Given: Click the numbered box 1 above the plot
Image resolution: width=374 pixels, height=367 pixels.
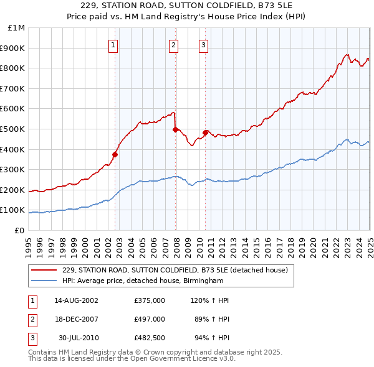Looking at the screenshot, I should (113, 44).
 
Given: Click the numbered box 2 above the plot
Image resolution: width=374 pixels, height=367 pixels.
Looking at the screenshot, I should (173, 44).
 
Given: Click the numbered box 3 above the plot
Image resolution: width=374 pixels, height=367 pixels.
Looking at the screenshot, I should (204, 44).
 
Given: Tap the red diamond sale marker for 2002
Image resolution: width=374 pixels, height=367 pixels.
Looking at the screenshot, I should (115, 154).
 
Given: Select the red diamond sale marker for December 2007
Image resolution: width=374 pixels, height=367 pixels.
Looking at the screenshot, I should (175, 129).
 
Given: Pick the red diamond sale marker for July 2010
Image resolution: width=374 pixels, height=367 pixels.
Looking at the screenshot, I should (205, 132).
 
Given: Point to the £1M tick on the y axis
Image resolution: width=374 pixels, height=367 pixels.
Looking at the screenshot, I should (17, 28).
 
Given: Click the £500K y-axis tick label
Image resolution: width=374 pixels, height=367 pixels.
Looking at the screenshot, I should (14, 129).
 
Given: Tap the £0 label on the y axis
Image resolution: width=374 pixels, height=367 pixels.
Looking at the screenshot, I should (20, 230).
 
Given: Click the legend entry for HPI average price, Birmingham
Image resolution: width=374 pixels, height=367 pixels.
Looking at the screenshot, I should (143, 281).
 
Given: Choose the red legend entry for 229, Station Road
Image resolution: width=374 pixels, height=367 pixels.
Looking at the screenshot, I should (175, 271).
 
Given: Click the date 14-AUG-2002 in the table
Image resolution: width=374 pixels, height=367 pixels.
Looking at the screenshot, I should (77, 300).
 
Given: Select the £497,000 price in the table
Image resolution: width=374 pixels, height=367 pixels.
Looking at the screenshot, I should (150, 319).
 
